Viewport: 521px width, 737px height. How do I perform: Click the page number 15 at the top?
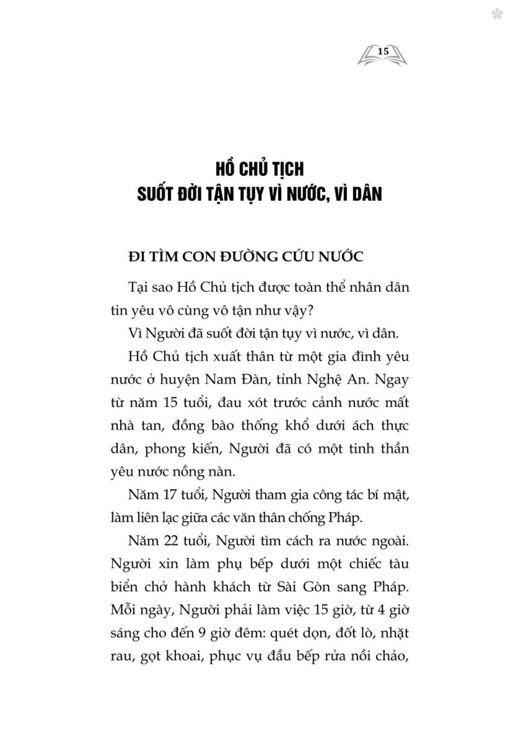click(x=383, y=51)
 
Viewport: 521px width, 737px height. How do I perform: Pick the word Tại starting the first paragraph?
click(x=138, y=287)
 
